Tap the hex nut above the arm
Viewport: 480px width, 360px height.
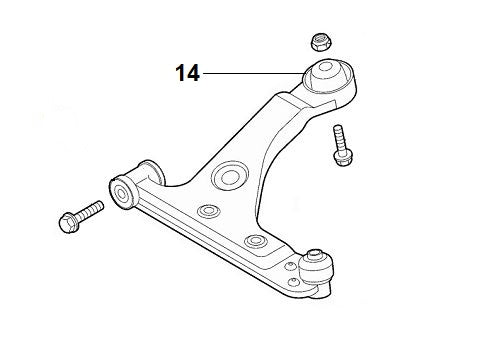point(321,42)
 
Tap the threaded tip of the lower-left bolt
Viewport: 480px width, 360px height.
point(98,208)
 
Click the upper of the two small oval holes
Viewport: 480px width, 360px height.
point(209,213)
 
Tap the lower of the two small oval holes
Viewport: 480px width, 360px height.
point(256,241)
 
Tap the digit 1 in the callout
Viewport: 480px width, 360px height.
point(181,73)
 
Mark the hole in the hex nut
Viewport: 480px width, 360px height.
point(321,40)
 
